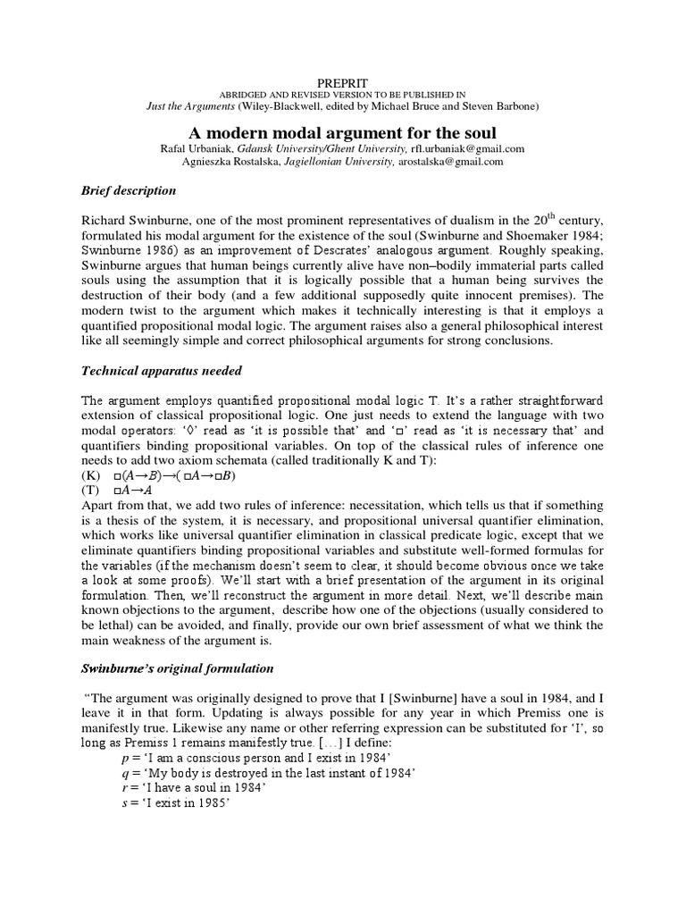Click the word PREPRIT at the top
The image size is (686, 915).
pos(344,82)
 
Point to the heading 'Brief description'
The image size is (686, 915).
pos(130,191)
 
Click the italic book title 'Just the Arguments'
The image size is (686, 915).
pos(197,107)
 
